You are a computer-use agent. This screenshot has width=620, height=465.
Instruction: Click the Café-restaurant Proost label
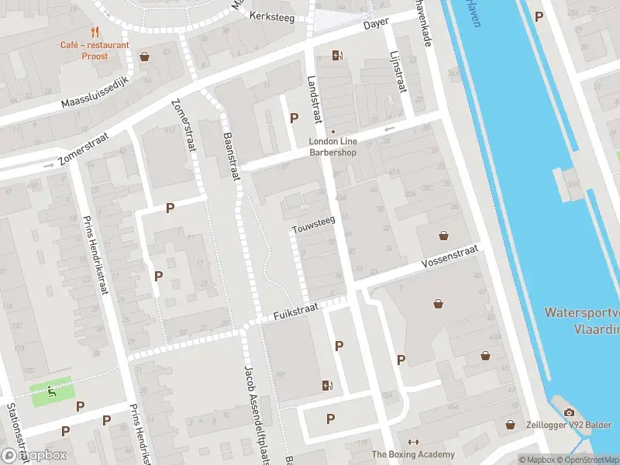(95, 50)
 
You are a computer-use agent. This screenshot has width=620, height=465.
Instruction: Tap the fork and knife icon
(95, 32)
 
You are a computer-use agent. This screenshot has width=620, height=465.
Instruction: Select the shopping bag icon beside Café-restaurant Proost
(144, 57)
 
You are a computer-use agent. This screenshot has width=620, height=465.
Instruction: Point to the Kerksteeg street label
(272, 17)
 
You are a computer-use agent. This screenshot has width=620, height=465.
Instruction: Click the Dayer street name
(377, 24)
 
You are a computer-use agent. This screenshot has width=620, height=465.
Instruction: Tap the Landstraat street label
(314, 99)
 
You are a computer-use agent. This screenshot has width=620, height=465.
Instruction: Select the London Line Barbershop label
(332, 146)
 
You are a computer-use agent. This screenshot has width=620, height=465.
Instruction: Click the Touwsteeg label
(314, 225)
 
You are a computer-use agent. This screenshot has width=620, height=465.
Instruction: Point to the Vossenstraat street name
(451, 258)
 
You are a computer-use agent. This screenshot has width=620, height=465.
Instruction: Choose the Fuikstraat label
(295, 312)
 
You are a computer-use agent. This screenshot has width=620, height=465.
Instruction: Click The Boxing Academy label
(412, 454)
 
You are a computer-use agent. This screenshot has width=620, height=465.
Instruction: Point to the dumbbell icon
(413, 442)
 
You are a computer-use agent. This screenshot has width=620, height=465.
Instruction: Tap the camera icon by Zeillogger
(570, 413)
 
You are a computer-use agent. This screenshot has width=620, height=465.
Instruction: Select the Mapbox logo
(33, 455)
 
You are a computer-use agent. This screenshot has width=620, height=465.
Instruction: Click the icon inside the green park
(52, 391)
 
